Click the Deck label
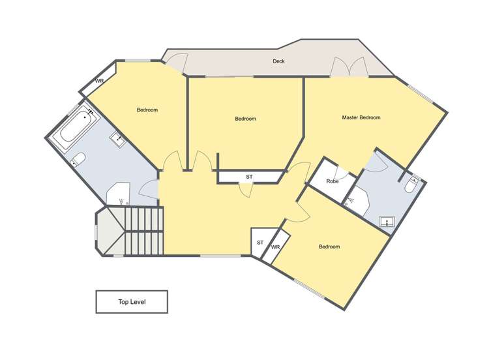click(278, 61)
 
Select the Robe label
click(333, 181)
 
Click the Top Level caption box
click(132, 302)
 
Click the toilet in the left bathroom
click(78, 159)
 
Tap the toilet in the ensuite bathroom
click(411, 187)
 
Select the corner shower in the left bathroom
click(118, 194)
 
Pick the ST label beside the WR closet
click(259, 243)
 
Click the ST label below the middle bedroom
click(249, 177)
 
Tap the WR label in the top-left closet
click(99, 82)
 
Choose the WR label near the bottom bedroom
click(275, 247)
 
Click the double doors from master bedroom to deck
click(349, 68)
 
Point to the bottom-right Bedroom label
click(329, 247)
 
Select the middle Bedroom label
click(245, 119)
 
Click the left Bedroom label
click(147, 110)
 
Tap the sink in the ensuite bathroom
click(387, 222)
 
